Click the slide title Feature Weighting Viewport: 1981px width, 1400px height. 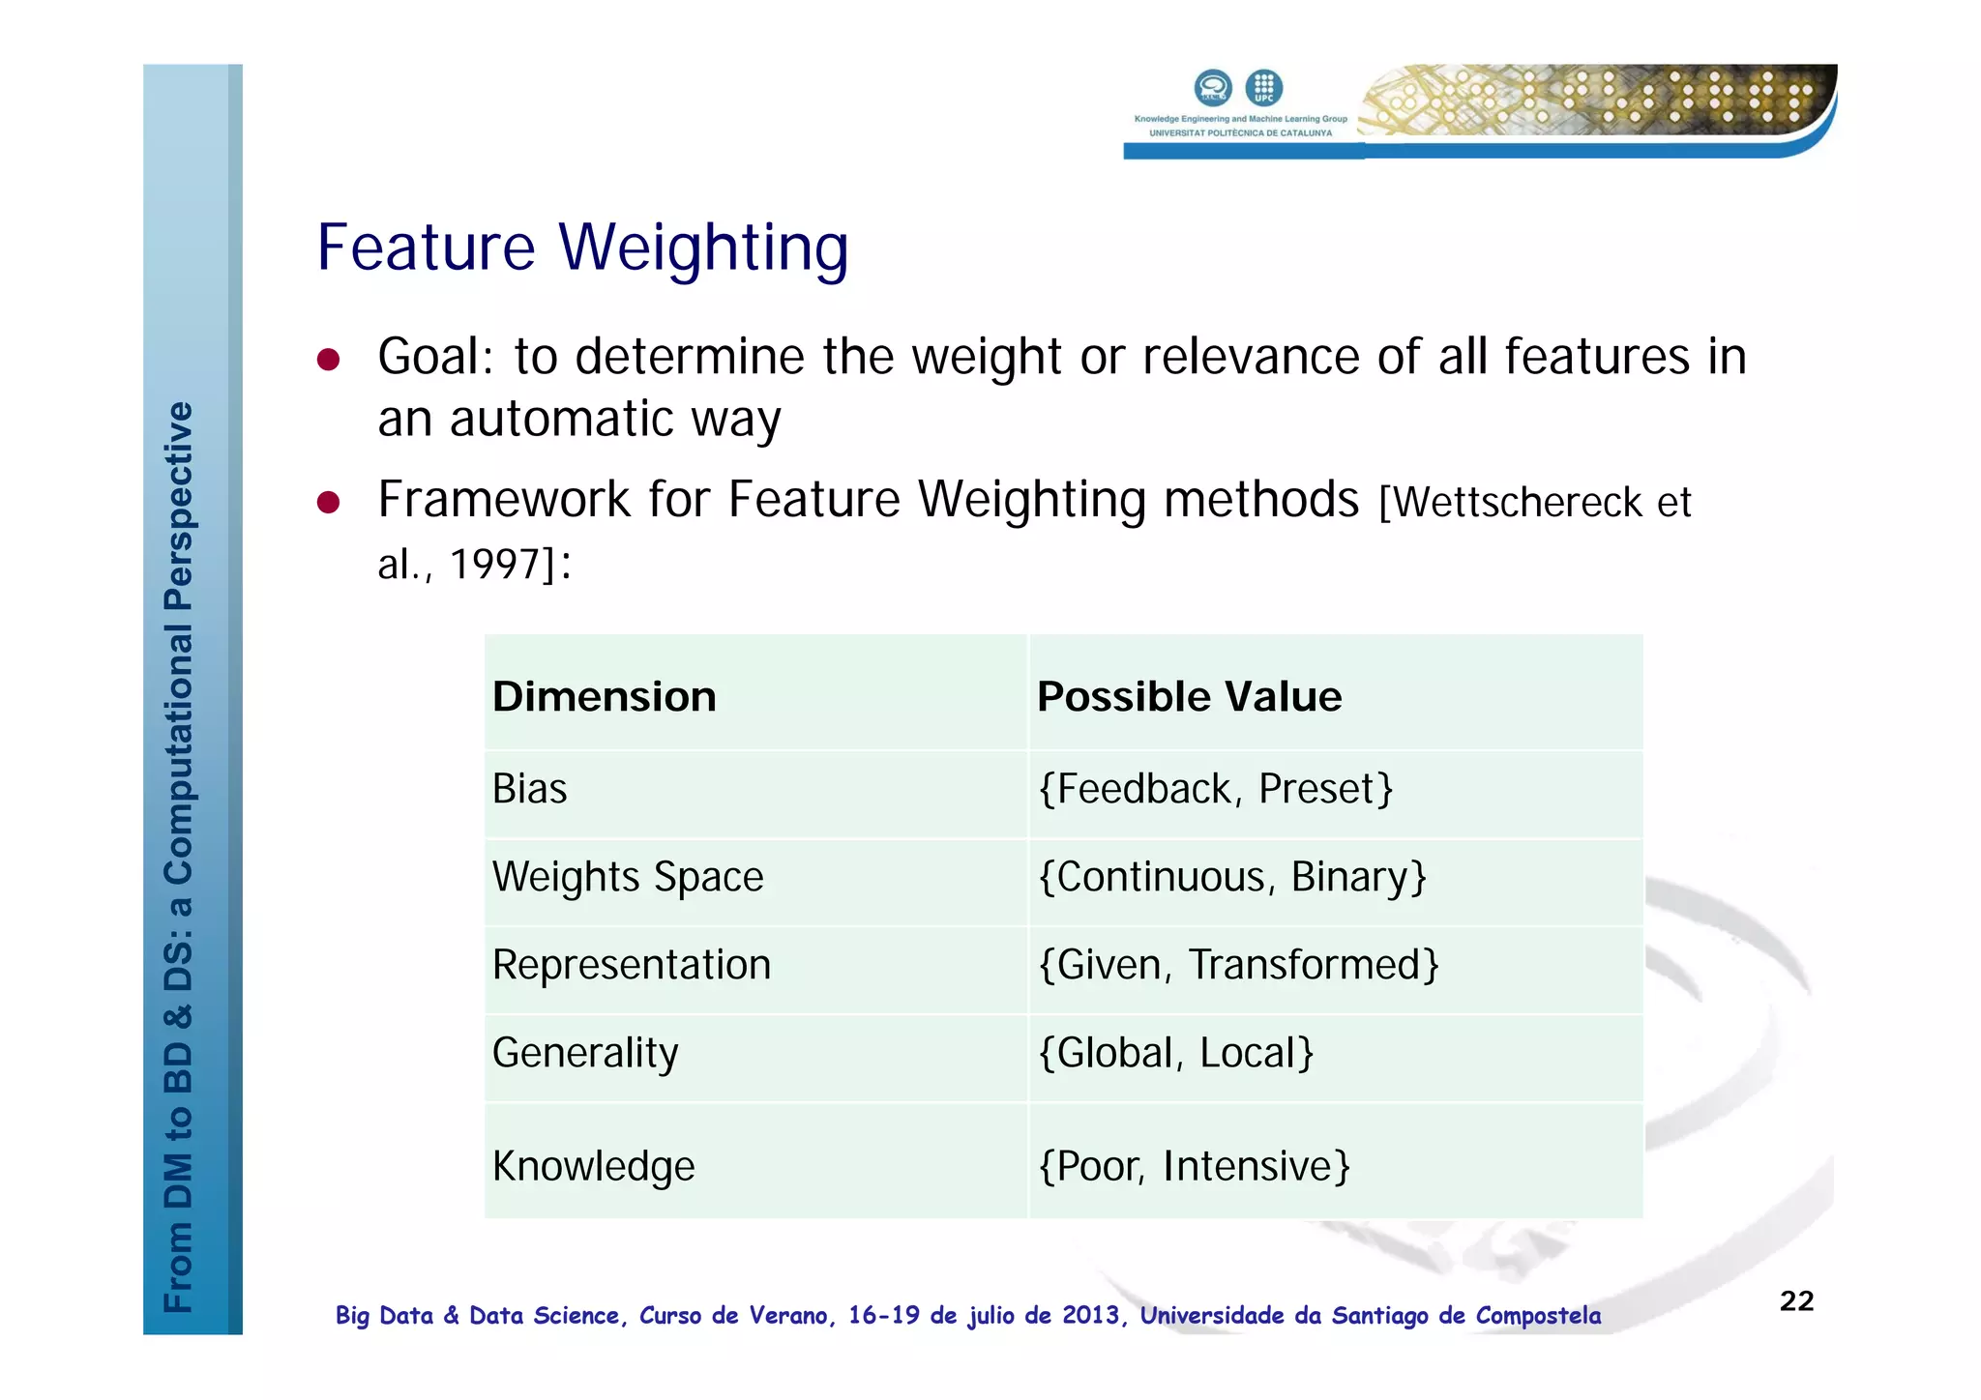coord(582,248)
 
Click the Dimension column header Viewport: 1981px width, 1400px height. coord(605,696)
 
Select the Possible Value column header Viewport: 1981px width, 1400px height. coord(1189,696)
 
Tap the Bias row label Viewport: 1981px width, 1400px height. coord(529,789)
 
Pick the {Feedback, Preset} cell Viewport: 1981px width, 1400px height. coord(1215,789)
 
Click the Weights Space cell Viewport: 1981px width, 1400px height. coord(628,877)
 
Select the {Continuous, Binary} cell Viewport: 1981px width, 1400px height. coord(1232,877)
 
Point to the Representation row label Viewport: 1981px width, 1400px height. coord(632,965)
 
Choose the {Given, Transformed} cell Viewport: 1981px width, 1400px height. coord(1238,965)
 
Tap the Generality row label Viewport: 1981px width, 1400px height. coord(585,1053)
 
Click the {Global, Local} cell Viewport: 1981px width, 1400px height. coord(1175,1053)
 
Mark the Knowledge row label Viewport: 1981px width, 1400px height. coord(593,1166)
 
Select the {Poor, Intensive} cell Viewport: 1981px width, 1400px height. coord(1194,1166)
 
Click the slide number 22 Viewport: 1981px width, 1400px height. coord(1796,1300)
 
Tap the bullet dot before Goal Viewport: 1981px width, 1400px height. coord(329,360)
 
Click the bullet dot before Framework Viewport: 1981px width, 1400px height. coord(329,503)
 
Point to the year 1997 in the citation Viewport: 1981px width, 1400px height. coord(494,565)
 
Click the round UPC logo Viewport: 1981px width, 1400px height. coord(1263,88)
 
